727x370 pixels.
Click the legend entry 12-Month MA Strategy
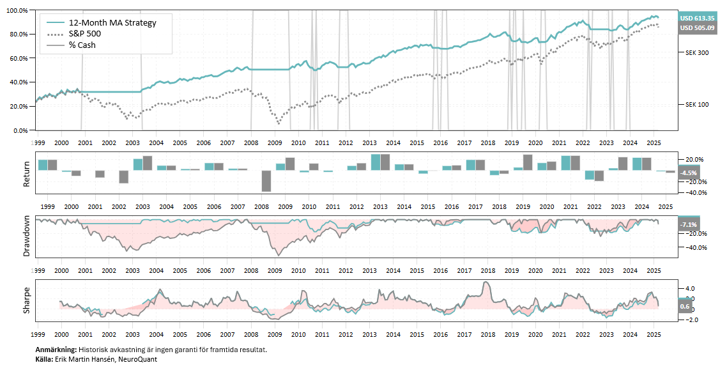[x=112, y=22]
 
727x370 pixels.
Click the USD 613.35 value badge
[x=697, y=18]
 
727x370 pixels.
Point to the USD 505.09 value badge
[x=697, y=28]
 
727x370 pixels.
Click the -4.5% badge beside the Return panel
[x=689, y=173]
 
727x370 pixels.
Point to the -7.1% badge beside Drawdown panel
[x=689, y=225]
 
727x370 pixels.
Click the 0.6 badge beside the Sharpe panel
[x=684, y=306]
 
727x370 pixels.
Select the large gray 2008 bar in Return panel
[x=266, y=181]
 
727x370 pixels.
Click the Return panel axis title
[x=27, y=173]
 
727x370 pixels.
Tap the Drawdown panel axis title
[x=27, y=237]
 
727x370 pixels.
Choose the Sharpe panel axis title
[x=27, y=300]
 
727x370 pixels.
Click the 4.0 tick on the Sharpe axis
[x=689, y=288]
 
